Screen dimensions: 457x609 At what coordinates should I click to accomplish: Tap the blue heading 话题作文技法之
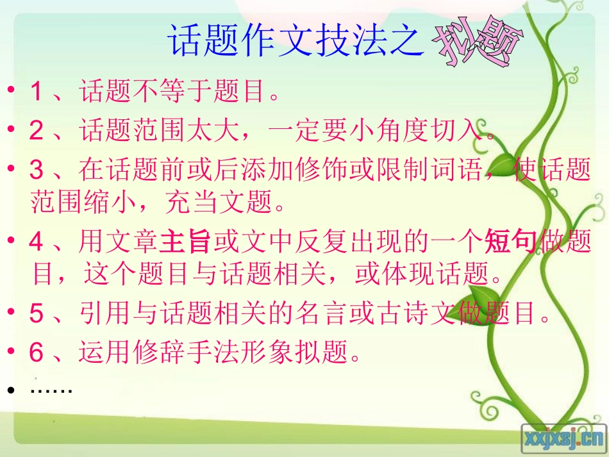tap(296, 40)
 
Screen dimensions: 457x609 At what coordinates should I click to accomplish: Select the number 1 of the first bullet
tap(37, 93)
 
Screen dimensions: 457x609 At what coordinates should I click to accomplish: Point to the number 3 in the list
tap(37, 170)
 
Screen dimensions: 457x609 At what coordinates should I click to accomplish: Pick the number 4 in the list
tap(37, 244)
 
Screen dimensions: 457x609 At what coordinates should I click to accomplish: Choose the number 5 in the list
tap(37, 315)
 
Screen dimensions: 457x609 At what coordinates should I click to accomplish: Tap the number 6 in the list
tap(37, 352)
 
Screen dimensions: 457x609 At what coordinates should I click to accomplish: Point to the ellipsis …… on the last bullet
tap(51, 389)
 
